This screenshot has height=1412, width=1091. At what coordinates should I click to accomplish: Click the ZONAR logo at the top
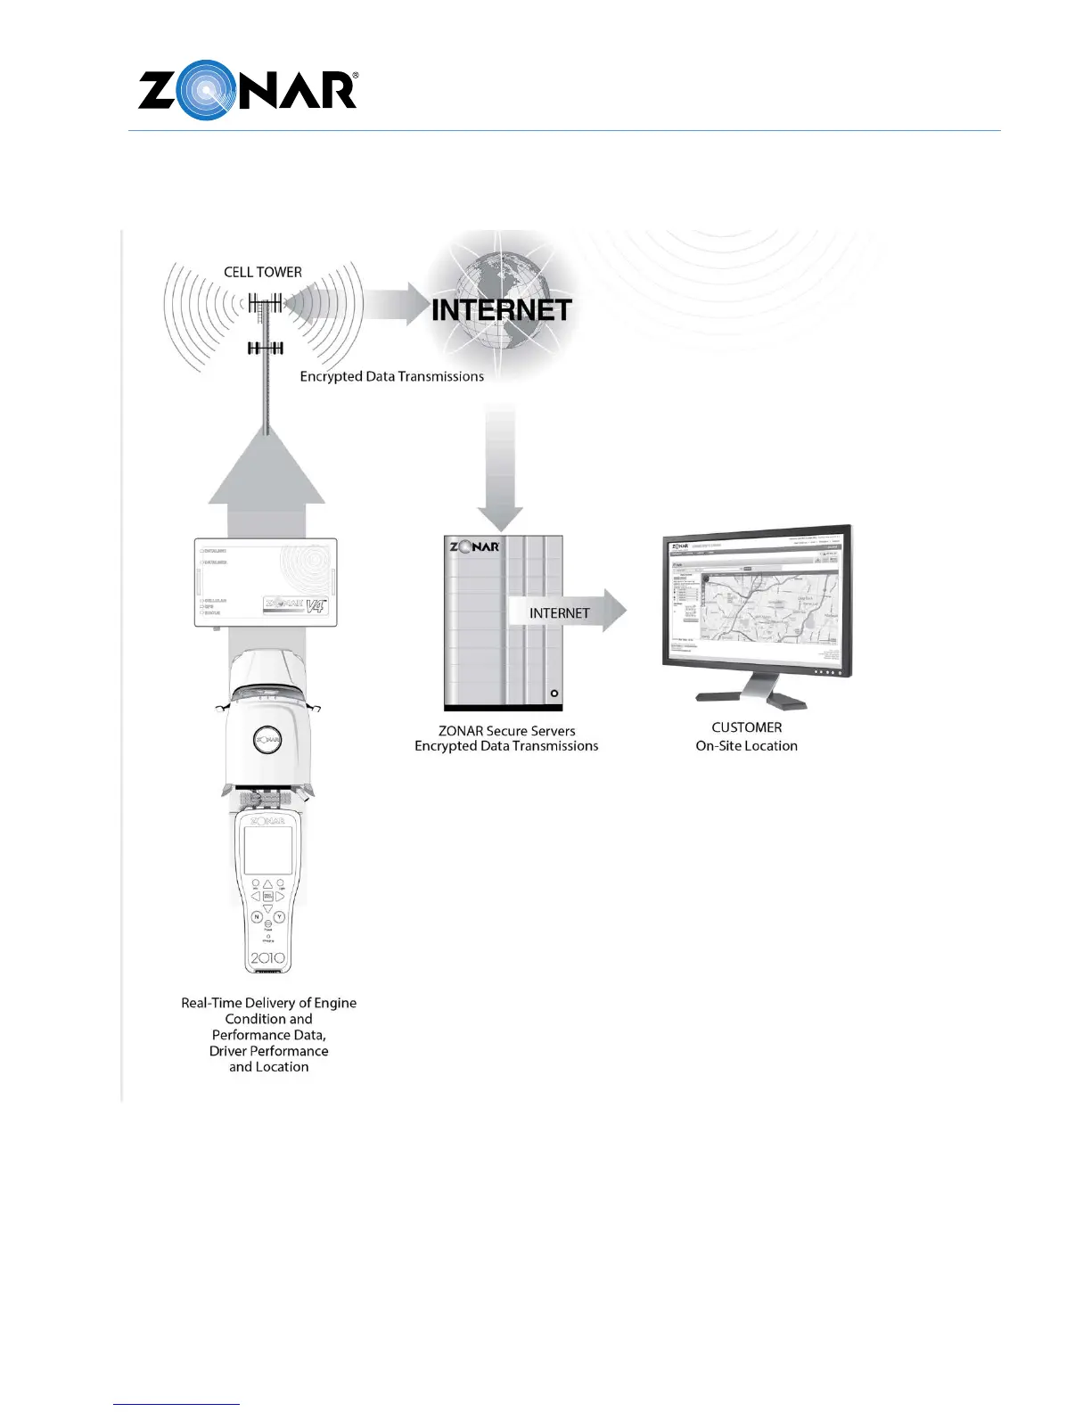248,91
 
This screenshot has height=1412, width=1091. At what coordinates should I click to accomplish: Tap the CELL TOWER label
263,272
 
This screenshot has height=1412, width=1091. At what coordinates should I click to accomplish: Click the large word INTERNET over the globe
501,310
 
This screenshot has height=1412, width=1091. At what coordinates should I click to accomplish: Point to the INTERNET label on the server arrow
559,613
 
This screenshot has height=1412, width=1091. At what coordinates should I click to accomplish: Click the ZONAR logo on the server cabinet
474,546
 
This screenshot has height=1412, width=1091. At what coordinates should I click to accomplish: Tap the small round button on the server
554,693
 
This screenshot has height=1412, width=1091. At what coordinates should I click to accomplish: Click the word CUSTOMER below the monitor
746,727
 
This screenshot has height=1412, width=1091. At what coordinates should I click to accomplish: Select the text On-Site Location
746,746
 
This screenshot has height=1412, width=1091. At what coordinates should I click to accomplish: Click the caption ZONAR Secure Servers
506,731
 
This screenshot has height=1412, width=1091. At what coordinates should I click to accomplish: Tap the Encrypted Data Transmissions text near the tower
391,377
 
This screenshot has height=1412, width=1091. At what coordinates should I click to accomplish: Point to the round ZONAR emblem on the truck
268,739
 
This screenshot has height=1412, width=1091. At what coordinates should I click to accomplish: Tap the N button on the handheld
257,916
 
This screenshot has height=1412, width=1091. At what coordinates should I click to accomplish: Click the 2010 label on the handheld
267,958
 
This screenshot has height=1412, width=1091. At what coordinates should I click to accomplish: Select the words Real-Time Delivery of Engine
268,1003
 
